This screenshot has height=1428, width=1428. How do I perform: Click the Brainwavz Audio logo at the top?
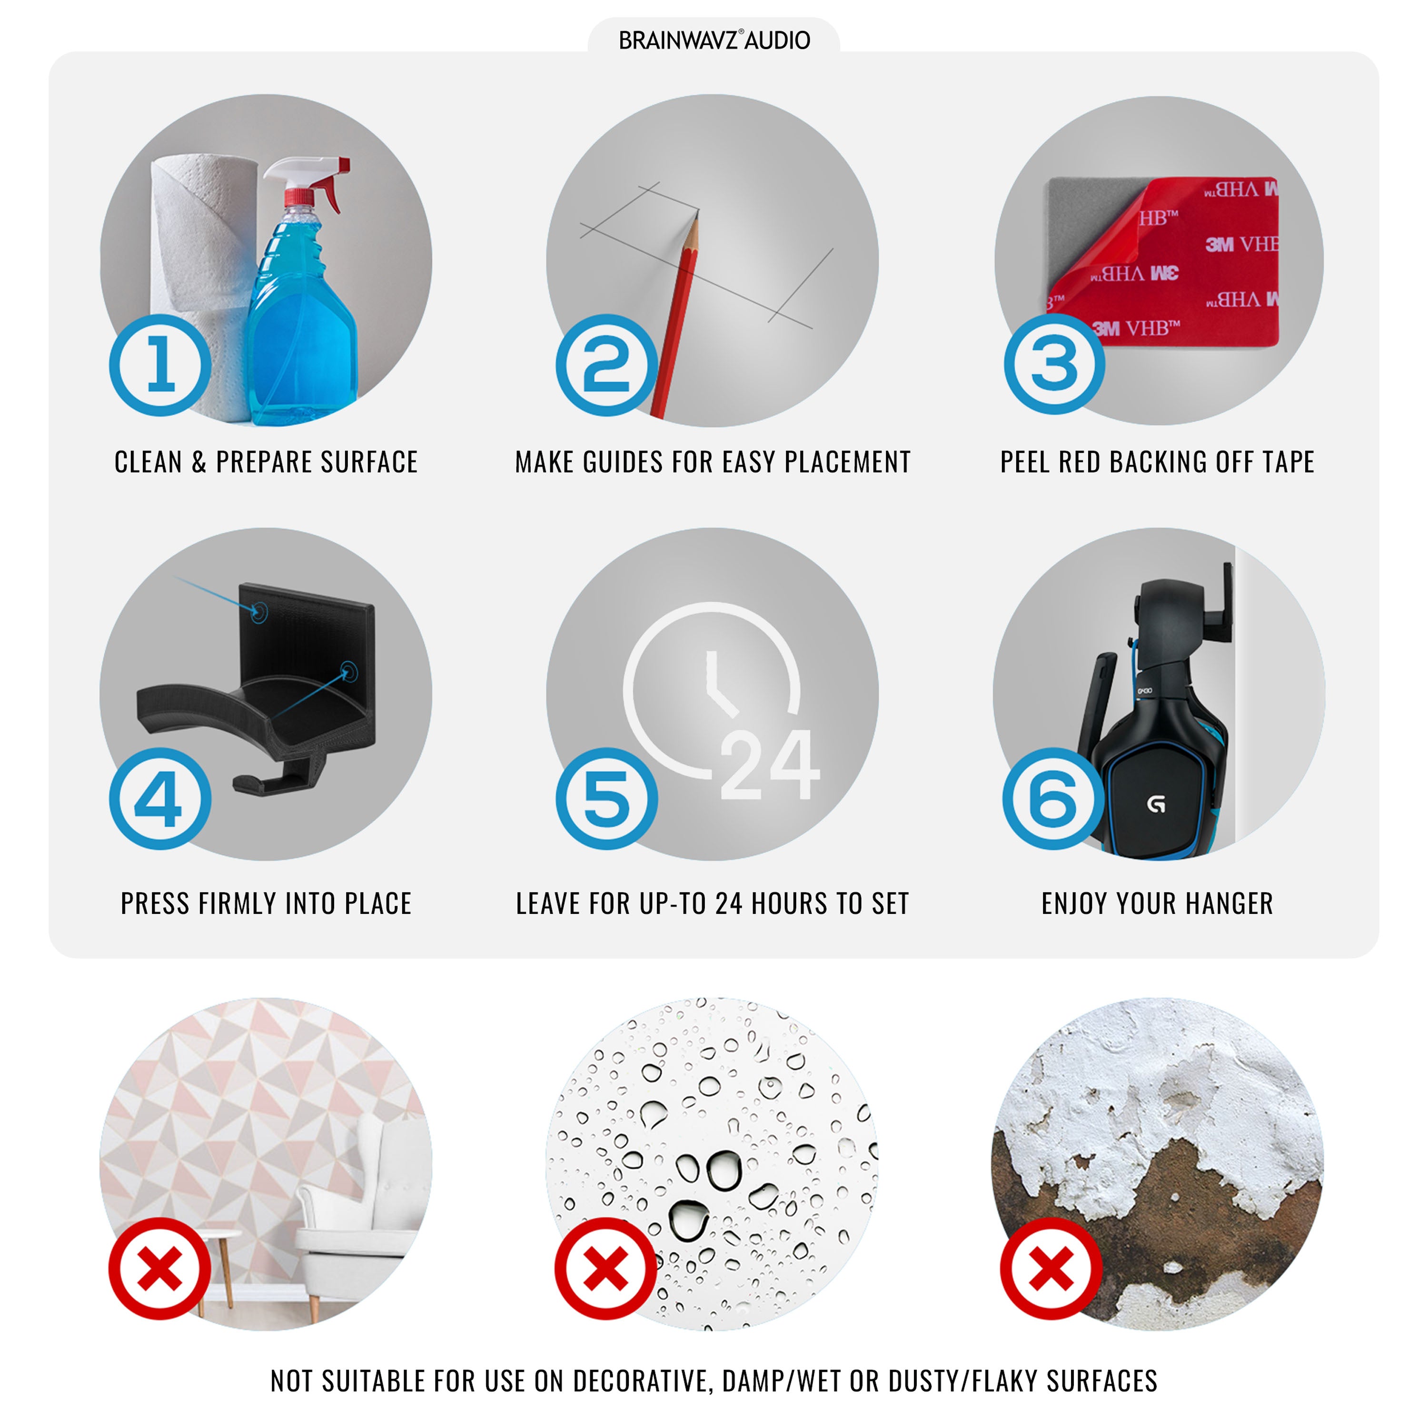pyautogui.click(x=714, y=40)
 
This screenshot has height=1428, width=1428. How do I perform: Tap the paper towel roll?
pyautogui.click(x=199, y=281)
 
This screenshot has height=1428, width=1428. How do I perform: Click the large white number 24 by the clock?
pyautogui.click(x=770, y=764)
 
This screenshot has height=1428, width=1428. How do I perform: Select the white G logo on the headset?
pyautogui.click(x=1156, y=803)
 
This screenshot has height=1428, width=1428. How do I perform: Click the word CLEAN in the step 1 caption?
pyautogui.click(x=148, y=462)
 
